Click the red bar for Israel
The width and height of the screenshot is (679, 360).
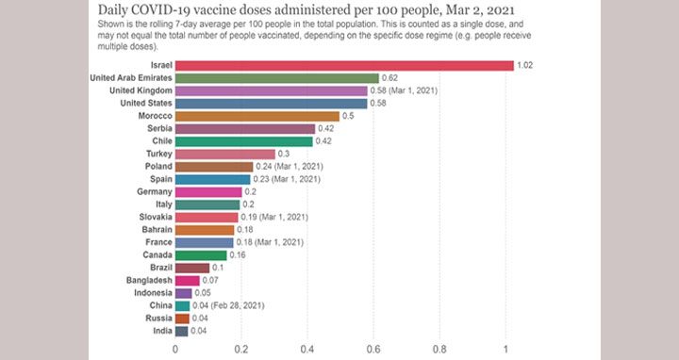pos(344,65)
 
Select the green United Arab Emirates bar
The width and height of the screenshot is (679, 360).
pos(277,78)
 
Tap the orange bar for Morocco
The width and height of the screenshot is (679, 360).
pos(257,116)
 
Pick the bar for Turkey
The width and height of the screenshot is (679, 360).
pos(225,154)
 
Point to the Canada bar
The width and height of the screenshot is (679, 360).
pos(201,254)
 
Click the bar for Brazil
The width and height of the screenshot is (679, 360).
pos(192,268)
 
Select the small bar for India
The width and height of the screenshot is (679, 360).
pos(182,331)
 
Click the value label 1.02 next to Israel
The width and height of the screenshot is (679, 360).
pos(525,65)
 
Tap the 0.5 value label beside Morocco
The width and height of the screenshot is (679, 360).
pos(348,116)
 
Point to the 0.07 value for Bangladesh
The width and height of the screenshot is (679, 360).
pos(210,281)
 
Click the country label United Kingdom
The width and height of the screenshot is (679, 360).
pos(141,90)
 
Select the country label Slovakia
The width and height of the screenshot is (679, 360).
pos(156,217)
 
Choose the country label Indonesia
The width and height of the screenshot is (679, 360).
pos(153,293)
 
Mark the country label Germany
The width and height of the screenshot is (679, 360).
pos(155,191)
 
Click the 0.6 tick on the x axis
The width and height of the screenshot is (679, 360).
pos(373,350)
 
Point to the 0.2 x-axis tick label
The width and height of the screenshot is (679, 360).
pos(241,350)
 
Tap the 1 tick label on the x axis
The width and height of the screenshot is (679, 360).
pos(505,350)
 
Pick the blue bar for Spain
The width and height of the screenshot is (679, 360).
pos(212,179)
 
